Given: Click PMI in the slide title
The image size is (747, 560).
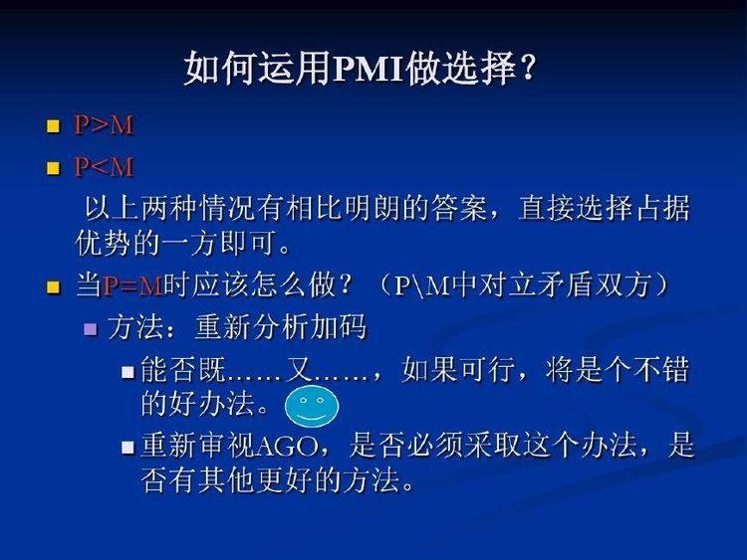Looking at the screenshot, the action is point(369,69).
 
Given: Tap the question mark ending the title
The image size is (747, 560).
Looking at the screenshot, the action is point(528,68).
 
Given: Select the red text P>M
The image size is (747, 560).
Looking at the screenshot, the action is point(104,125).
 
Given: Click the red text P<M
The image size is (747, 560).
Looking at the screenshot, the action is point(104,167).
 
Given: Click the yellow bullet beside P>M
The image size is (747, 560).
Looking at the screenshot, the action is point(54,126).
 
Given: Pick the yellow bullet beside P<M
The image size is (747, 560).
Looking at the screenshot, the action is point(54,168).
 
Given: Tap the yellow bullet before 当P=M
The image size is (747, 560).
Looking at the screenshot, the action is point(54,286).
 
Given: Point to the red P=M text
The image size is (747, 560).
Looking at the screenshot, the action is point(132,285).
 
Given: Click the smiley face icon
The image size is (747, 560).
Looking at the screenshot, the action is point(312,407).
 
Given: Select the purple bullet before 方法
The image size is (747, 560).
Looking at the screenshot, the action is point(90,329).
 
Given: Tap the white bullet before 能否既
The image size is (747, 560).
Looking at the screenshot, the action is point(127,372).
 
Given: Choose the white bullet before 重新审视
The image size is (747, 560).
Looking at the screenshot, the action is point(127,448).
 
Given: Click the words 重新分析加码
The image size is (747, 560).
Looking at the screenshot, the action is point(281,327).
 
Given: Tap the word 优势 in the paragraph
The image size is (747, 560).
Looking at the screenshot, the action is point(104,244).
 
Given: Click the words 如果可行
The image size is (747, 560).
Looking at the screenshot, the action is point(458,370).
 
